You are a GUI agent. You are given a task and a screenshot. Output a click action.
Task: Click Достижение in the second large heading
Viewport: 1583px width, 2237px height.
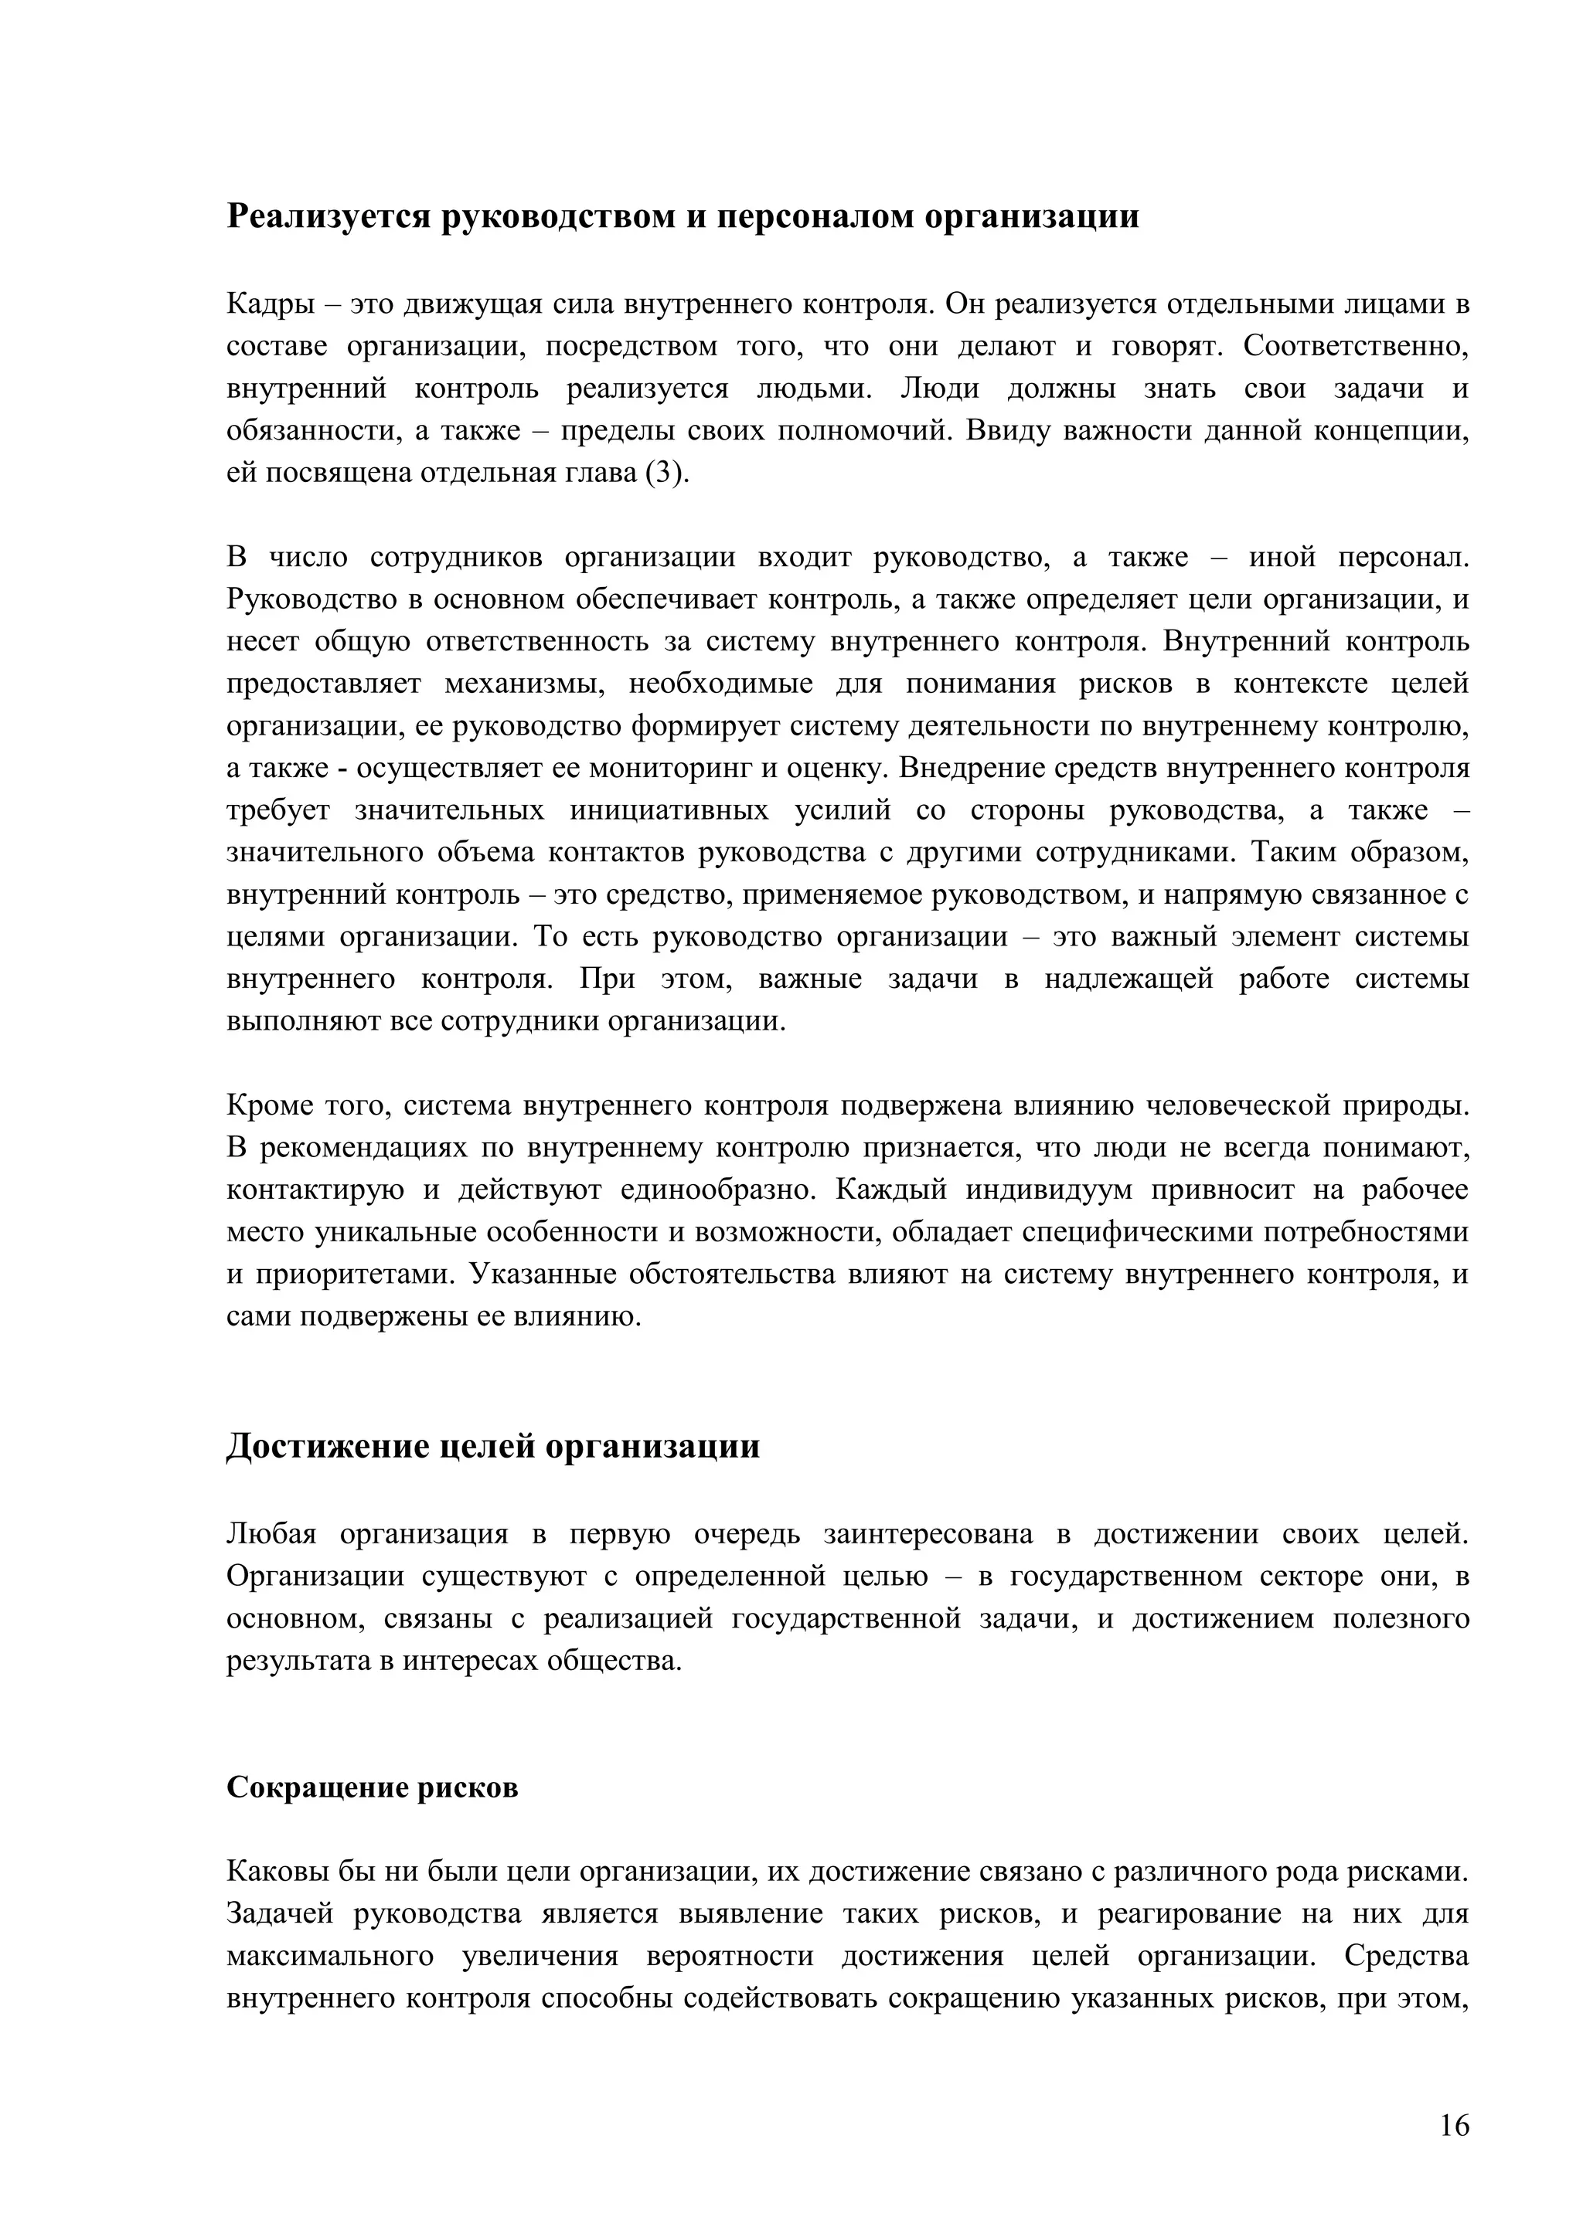click(326, 1446)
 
